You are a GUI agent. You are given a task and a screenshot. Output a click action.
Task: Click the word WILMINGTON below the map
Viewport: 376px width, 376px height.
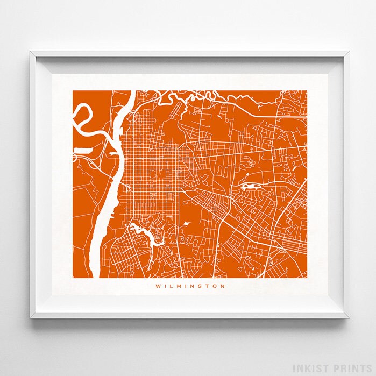(190, 286)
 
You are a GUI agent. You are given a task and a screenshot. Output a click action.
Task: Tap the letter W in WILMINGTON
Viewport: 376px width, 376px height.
(158, 286)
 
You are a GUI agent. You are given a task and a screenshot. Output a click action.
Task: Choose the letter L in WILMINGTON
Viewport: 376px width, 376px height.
(171, 286)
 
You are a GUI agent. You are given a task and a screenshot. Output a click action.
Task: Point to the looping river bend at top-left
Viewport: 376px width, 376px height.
(83, 116)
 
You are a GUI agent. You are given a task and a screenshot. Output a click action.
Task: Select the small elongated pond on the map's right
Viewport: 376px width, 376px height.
(251, 187)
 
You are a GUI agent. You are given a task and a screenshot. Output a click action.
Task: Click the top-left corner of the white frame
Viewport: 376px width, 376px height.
(31, 52)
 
